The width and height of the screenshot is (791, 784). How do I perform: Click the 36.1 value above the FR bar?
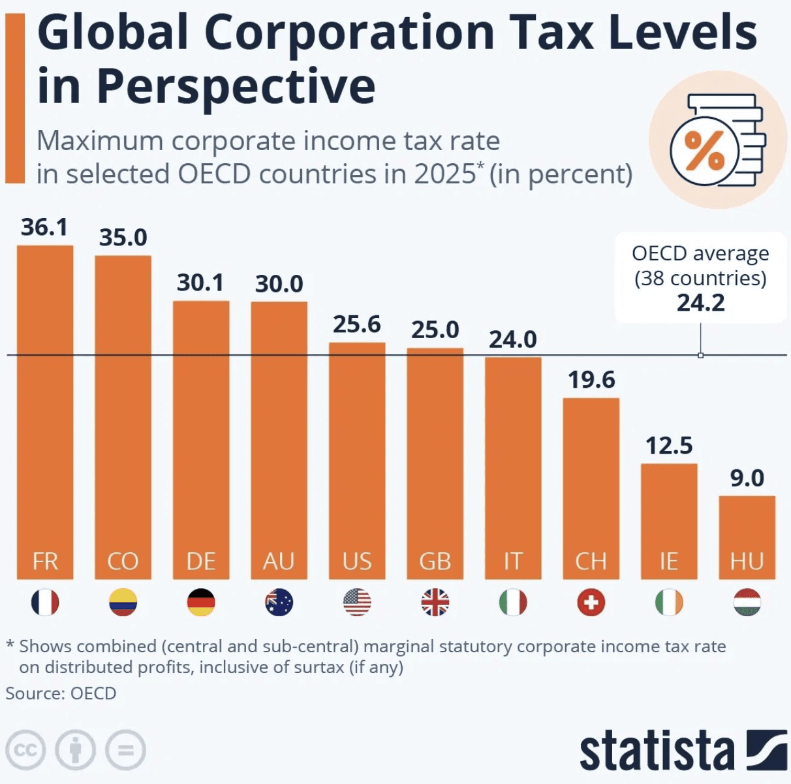pyautogui.click(x=44, y=227)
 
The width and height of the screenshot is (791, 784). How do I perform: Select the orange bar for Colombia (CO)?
pyautogui.click(x=123, y=418)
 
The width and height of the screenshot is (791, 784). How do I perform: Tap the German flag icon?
pyautogui.click(x=201, y=603)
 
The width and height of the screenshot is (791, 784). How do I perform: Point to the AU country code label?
pyautogui.click(x=279, y=561)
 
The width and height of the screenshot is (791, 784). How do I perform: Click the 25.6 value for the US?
pyautogui.click(x=356, y=324)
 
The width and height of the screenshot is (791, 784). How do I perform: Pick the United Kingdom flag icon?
pyautogui.click(x=435, y=603)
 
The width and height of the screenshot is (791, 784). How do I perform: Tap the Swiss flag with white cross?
pyautogui.click(x=591, y=603)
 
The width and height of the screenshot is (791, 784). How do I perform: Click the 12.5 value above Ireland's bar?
pyautogui.click(x=669, y=446)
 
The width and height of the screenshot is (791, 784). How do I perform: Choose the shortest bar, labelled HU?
pyautogui.click(x=747, y=535)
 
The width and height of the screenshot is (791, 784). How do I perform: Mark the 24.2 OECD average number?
pyautogui.click(x=700, y=303)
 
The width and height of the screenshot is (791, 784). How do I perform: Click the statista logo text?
pyautogui.click(x=657, y=752)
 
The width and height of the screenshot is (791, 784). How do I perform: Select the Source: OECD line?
pyautogui.click(x=61, y=693)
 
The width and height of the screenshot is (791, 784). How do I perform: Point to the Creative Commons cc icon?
pyautogui.click(x=25, y=750)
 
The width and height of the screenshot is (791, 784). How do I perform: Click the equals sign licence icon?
pyautogui.click(x=125, y=750)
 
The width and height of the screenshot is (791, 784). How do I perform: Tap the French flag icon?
pyautogui.click(x=45, y=603)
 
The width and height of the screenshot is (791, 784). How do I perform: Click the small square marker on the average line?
pyautogui.click(x=700, y=355)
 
